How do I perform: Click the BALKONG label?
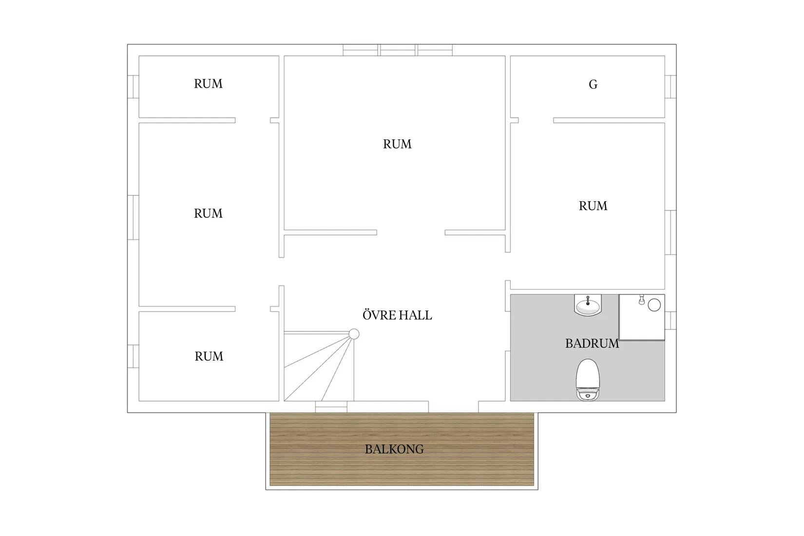[x=394, y=449]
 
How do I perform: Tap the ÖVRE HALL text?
[x=397, y=315]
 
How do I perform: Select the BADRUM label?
[x=592, y=344]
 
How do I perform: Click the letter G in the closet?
[x=593, y=84]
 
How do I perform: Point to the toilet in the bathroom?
[x=588, y=380]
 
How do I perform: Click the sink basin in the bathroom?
[x=588, y=306]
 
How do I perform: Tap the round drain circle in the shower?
[x=654, y=305]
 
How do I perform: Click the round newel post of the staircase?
[x=354, y=334]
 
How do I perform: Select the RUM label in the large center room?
[x=397, y=144]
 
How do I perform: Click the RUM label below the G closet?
[x=593, y=206]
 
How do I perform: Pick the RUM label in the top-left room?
[x=208, y=84]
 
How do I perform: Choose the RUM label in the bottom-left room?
[x=209, y=356]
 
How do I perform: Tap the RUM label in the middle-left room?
[x=208, y=213]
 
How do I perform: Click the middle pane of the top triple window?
[x=398, y=50]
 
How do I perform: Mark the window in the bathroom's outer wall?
[x=670, y=321]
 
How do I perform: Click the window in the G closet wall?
[x=670, y=87]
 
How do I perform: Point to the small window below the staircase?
[x=331, y=407]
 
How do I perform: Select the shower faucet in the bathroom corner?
[x=642, y=300]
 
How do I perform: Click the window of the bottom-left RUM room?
[x=133, y=356]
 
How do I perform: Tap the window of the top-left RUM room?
[x=133, y=87]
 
